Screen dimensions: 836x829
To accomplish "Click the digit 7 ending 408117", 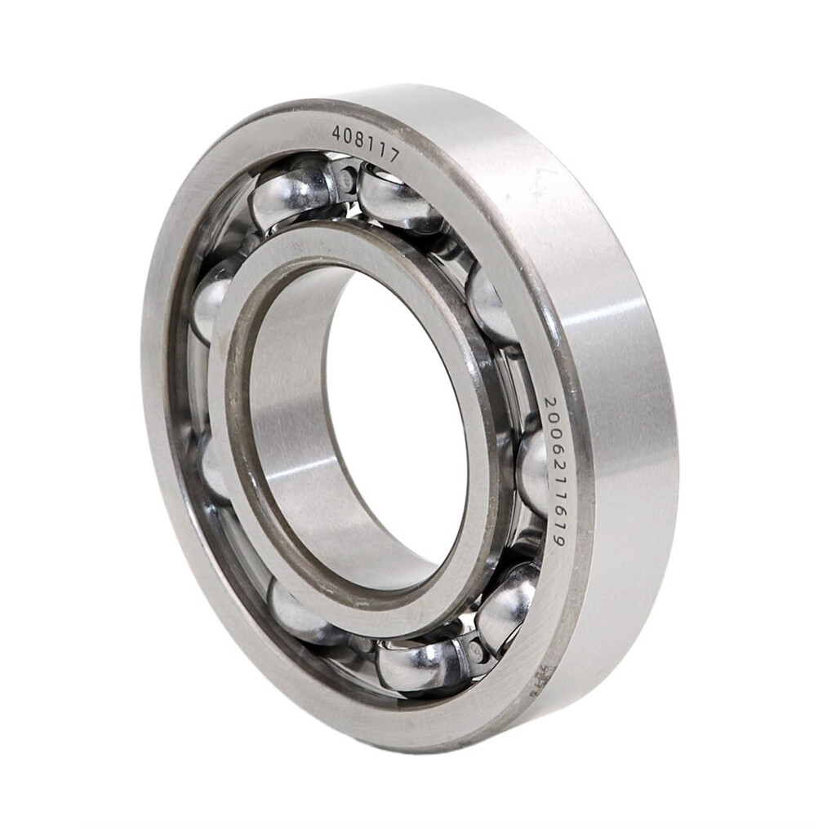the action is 394,155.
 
